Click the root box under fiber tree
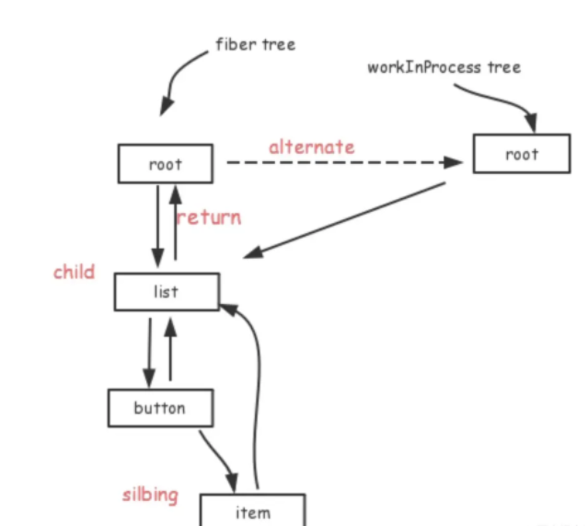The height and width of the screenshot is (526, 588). (x=166, y=164)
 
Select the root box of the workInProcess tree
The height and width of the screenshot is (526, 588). (x=521, y=154)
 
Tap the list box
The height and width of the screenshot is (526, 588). (x=167, y=292)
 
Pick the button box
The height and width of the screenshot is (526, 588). (x=160, y=408)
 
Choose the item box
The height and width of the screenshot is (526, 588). (x=253, y=511)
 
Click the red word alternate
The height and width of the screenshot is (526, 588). (x=311, y=146)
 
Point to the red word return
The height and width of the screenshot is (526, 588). (x=209, y=217)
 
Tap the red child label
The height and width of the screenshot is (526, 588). (x=74, y=272)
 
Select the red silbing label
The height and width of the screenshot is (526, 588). (x=151, y=495)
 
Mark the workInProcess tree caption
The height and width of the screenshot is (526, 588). (x=444, y=67)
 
